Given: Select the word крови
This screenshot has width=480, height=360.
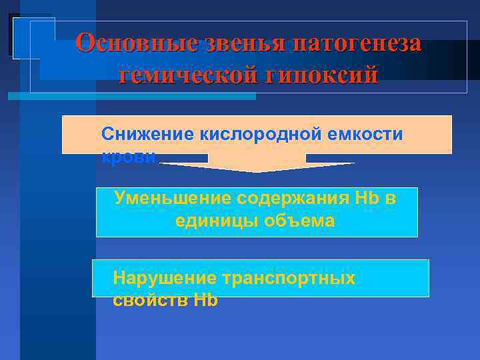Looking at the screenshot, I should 129,157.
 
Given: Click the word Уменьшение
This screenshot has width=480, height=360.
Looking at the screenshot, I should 171,198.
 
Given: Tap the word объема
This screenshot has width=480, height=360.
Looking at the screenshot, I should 303,221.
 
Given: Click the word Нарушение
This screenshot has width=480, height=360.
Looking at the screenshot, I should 165,278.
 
